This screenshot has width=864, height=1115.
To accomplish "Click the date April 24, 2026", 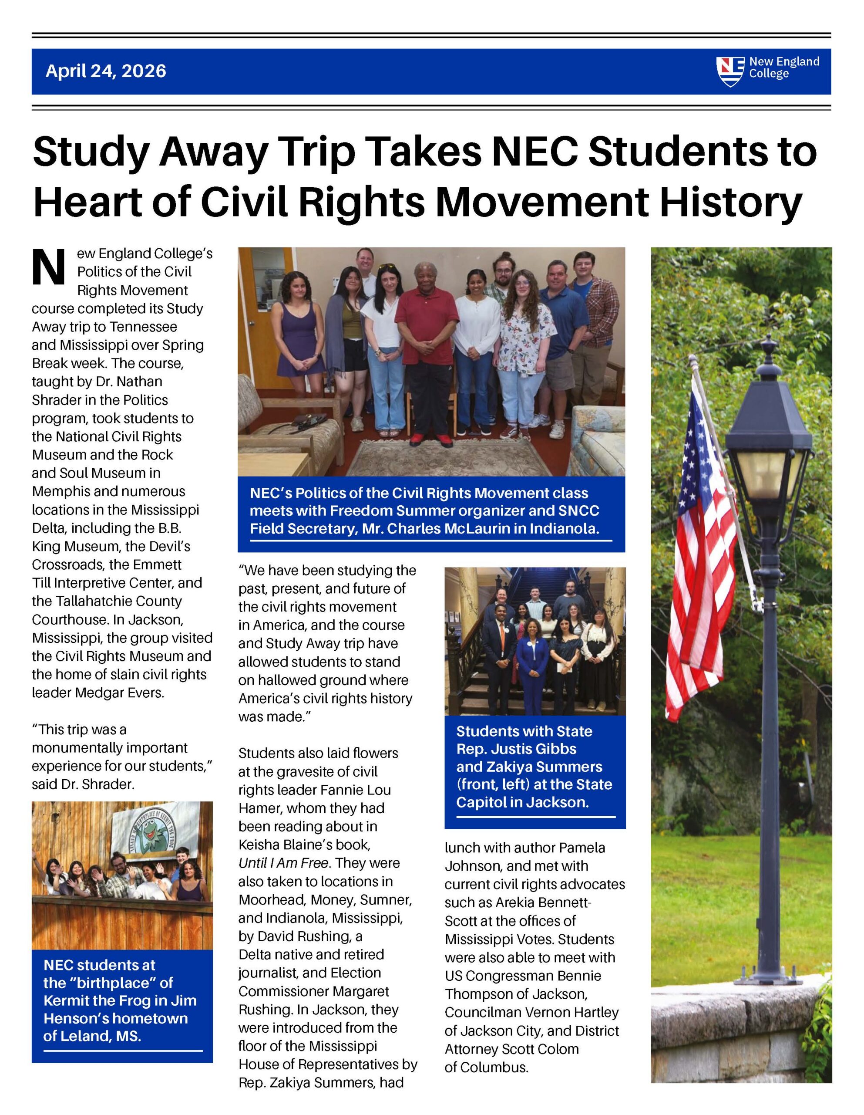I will (106, 71).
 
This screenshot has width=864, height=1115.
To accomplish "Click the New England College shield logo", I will (730, 71).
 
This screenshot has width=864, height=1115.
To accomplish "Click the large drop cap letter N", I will (48, 267).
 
